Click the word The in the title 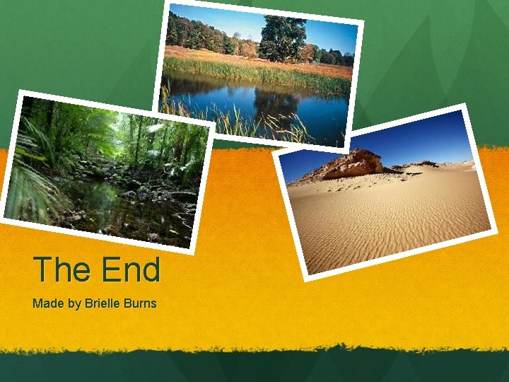tap(63, 270)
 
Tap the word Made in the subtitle tap(46, 303)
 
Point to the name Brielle tap(103, 303)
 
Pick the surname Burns tap(140, 303)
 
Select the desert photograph tap(385, 191)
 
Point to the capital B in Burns tap(128, 303)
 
